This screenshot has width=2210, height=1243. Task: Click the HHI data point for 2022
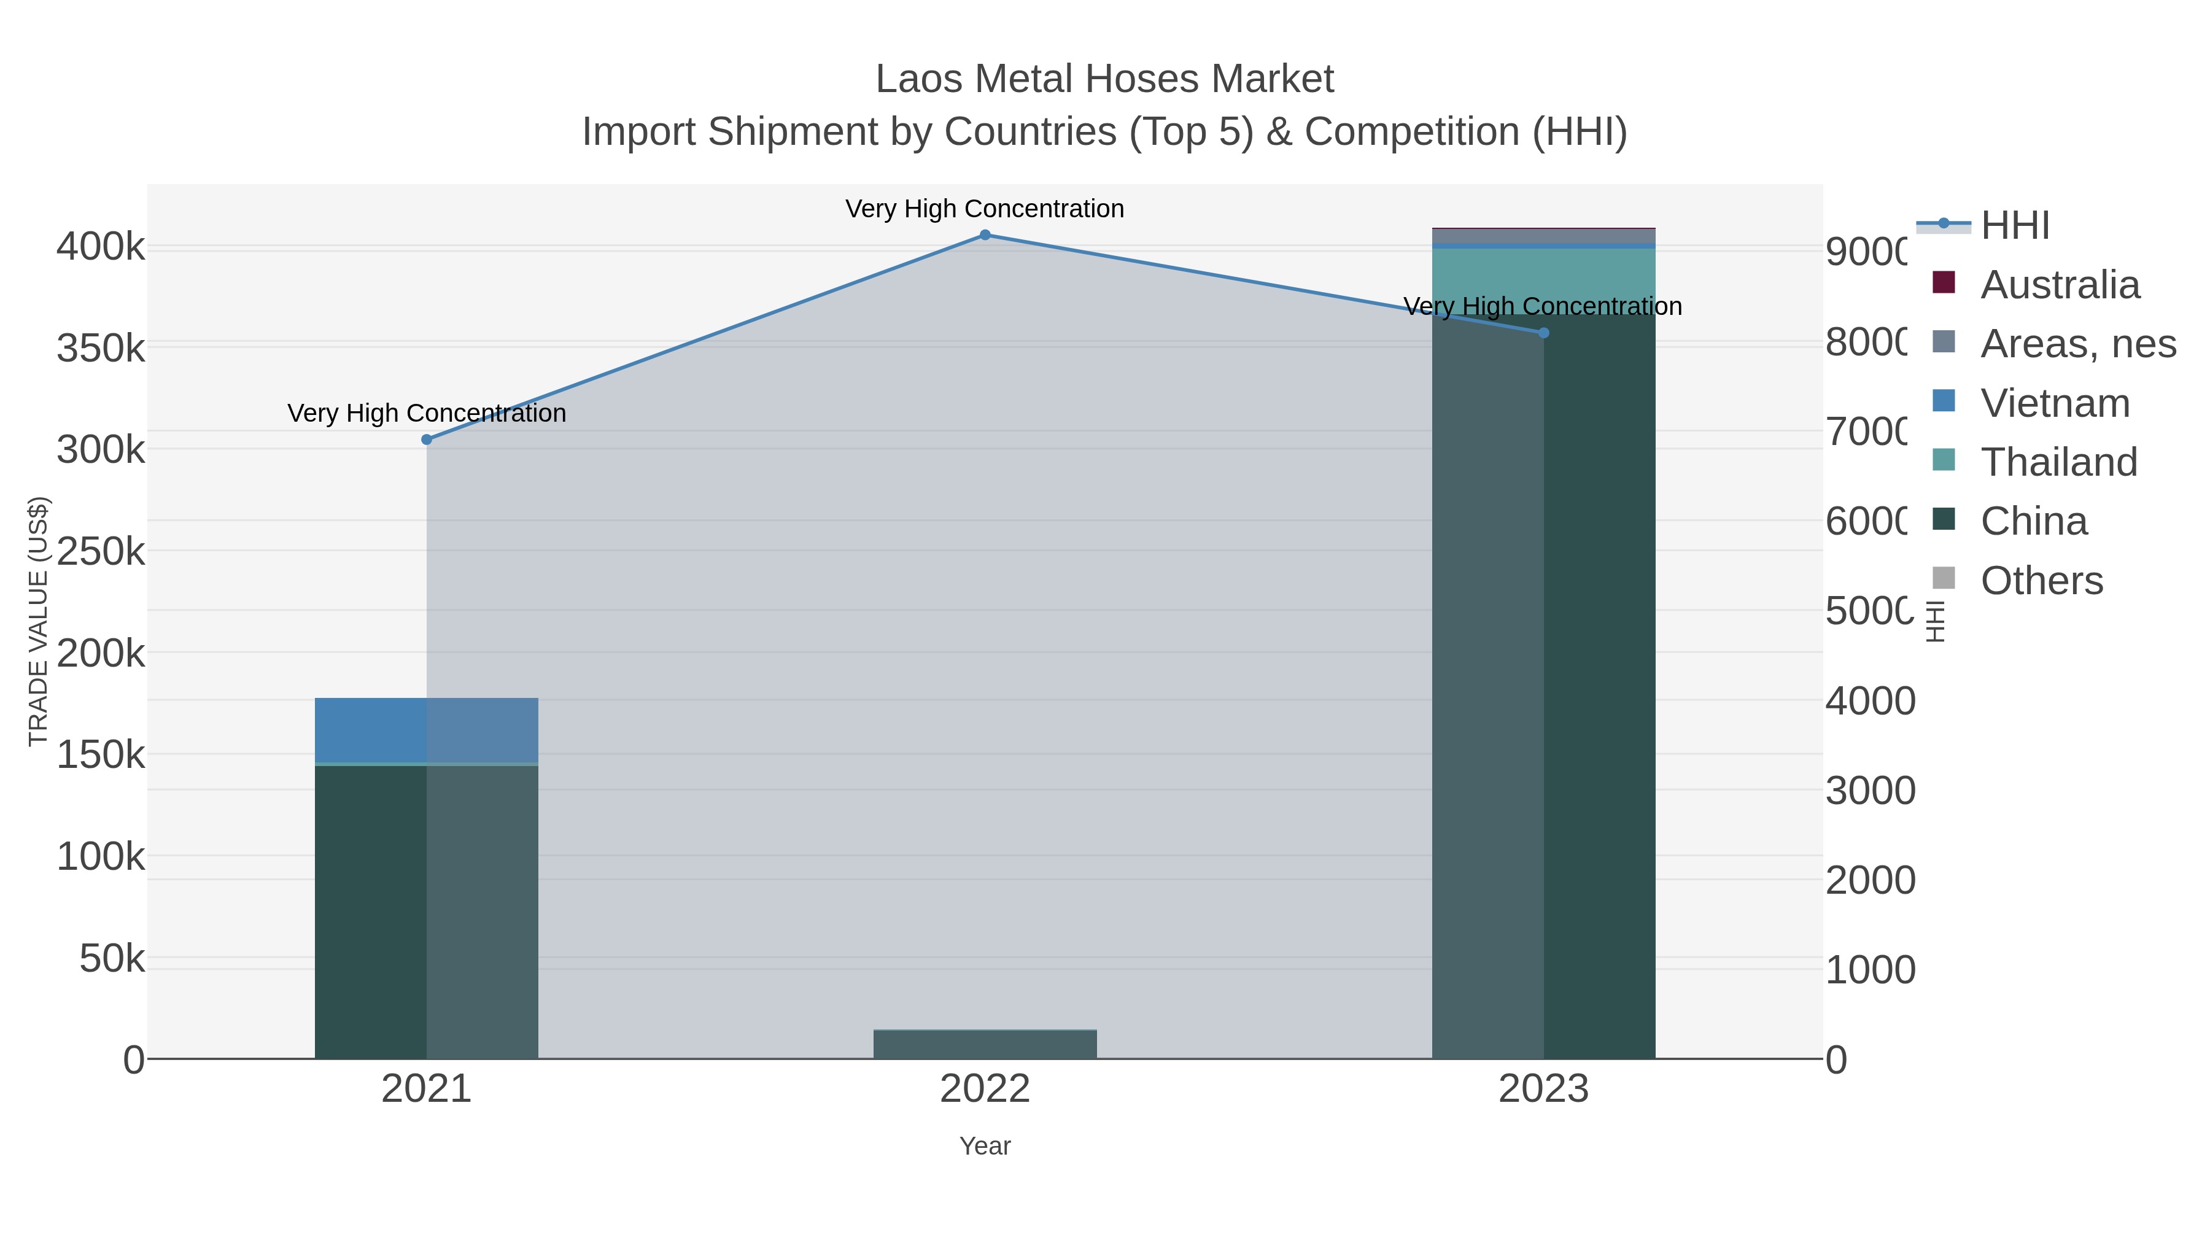[985, 235]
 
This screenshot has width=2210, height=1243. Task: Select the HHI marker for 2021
[427, 440]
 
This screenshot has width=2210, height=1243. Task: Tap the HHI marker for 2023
[1543, 333]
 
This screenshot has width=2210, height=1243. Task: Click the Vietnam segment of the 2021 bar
[427, 730]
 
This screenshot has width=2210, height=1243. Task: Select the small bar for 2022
[985, 1044]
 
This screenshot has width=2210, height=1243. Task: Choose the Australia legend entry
[2059, 285]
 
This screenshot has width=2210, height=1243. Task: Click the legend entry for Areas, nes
[2077, 344]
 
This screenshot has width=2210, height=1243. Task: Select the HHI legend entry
[2014, 226]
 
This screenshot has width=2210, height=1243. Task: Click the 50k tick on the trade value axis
[112, 958]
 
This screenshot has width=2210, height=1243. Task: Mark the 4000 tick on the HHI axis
[1869, 701]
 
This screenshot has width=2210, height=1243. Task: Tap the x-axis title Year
[985, 1146]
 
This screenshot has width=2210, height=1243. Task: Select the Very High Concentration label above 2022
[984, 209]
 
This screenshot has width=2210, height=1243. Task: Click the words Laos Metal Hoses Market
[1104, 79]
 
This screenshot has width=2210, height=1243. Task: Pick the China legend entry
[2033, 522]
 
